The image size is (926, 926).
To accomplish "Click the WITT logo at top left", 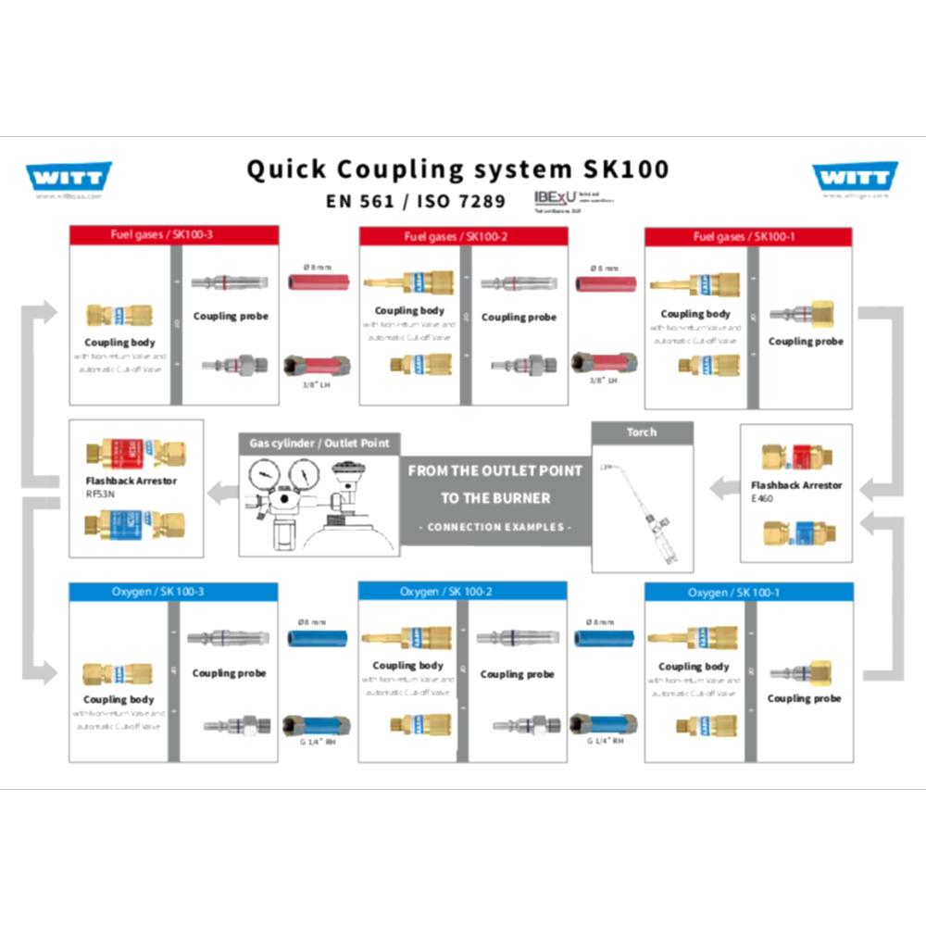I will tap(69, 176).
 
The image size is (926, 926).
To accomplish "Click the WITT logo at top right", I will tap(855, 176).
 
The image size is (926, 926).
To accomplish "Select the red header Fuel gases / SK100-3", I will tap(174, 236).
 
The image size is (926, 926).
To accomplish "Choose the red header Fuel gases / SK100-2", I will tap(463, 237).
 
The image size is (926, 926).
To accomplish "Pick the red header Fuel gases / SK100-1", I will tap(748, 237).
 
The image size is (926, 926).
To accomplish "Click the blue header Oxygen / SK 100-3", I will tap(174, 592).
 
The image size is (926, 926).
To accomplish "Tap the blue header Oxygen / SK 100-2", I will tap(462, 592).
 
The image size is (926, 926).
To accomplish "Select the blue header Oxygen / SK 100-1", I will tap(748, 593).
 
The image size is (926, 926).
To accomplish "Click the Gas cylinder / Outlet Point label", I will tap(319, 444).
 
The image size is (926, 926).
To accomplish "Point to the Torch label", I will tap(642, 432).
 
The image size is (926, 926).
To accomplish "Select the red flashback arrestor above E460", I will tap(797, 457).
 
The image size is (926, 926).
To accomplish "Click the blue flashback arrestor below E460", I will tap(797, 533).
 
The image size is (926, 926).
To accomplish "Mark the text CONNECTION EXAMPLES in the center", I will tap(495, 527).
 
